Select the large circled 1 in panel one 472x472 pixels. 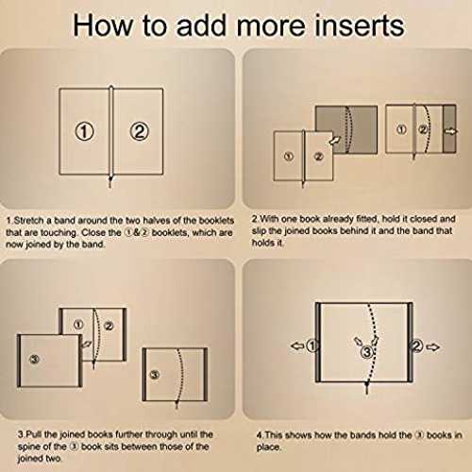[x=84, y=131]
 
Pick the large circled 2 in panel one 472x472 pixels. [x=139, y=131]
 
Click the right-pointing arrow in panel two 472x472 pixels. [x=451, y=131]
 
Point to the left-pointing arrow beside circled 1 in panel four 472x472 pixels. [x=297, y=346]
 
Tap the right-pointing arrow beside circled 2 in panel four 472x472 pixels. [x=432, y=347]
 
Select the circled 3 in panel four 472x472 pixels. [x=367, y=352]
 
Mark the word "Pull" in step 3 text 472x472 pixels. [x=33, y=434]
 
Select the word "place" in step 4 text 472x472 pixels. [x=267, y=447]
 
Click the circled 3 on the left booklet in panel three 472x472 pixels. [x=34, y=359]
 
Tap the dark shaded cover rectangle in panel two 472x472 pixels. [x=346, y=129]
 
